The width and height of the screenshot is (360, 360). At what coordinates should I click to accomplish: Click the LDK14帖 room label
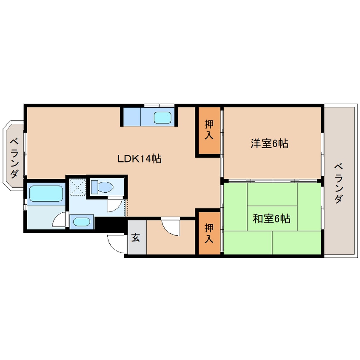139,159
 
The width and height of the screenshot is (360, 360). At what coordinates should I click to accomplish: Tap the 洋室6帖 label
269,144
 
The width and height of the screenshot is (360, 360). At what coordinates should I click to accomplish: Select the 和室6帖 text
271,219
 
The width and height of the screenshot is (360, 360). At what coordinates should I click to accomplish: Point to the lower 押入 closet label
209,233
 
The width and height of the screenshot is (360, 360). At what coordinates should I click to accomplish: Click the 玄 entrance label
135,237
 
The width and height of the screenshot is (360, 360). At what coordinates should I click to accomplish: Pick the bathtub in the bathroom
46,194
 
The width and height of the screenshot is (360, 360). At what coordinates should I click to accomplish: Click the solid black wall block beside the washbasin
109,223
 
